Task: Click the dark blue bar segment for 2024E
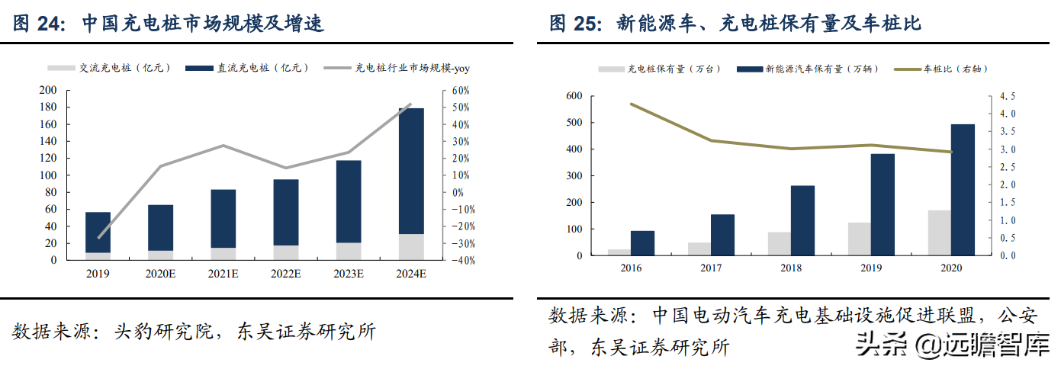click(x=411, y=171)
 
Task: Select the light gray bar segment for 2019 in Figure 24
click(x=98, y=256)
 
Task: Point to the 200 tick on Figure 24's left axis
click(x=48, y=91)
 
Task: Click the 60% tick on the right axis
click(x=461, y=91)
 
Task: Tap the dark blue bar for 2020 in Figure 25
click(x=963, y=190)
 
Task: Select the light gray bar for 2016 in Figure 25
click(x=619, y=252)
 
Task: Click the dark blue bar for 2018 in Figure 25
click(x=802, y=220)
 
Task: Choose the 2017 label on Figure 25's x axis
click(x=710, y=268)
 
